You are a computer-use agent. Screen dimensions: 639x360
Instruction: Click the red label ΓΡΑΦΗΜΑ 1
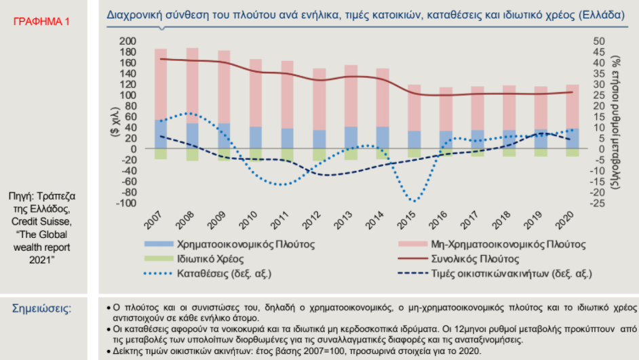pos(41,22)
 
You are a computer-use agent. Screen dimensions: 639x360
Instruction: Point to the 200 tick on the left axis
pos(128,41)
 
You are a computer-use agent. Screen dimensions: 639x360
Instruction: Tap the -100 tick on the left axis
pos(126,203)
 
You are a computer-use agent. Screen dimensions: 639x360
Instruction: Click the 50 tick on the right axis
pos(599,41)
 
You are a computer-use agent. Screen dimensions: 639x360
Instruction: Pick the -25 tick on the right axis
pos(598,203)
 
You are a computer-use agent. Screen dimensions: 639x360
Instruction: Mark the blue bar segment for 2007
pos(161,134)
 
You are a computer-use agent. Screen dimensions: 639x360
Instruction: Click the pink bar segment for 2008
pos(193,85)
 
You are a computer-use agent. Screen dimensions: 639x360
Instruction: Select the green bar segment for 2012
pos(319,155)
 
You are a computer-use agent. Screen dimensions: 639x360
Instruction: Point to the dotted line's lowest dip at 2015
pos(414,201)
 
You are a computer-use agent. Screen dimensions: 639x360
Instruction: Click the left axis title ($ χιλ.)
pos(115,122)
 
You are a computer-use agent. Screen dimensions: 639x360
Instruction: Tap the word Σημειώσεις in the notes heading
pos(41,308)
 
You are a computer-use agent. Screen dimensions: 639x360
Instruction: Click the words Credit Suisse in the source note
pos(41,222)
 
